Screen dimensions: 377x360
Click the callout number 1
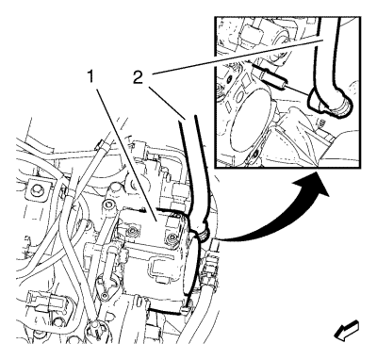point(90,76)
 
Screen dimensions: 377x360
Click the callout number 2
point(138,77)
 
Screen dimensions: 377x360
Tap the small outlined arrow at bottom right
point(347,330)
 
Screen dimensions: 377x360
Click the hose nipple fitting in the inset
point(272,77)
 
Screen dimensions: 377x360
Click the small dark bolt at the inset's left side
point(231,78)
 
